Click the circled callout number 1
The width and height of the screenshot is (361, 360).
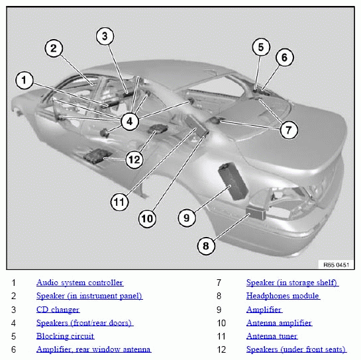(x=24, y=80)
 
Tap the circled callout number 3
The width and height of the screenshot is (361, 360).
(x=105, y=36)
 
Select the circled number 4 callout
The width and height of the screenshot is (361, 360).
(x=130, y=122)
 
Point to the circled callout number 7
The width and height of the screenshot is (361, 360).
(x=289, y=130)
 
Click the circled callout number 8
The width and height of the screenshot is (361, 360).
(x=206, y=246)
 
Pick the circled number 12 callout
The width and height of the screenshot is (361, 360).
(x=134, y=159)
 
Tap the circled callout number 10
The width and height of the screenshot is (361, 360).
(x=147, y=218)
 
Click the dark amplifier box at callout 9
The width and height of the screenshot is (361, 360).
(x=232, y=181)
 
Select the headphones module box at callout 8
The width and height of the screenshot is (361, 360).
(x=256, y=213)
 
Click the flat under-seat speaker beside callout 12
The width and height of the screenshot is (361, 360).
(x=97, y=156)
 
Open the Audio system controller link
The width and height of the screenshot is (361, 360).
(x=80, y=283)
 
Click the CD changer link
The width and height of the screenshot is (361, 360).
(x=58, y=310)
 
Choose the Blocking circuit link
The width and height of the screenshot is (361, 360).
(x=66, y=336)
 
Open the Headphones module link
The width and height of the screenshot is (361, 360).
(x=284, y=296)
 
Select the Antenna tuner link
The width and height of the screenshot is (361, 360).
(x=272, y=336)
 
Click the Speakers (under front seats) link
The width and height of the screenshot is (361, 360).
(x=297, y=349)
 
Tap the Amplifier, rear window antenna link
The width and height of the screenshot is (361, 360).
(x=93, y=349)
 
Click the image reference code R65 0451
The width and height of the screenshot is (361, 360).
(x=336, y=265)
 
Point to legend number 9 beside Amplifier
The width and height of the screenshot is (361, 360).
(x=219, y=310)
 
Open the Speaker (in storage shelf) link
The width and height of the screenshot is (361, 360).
(x=292, y=283)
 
